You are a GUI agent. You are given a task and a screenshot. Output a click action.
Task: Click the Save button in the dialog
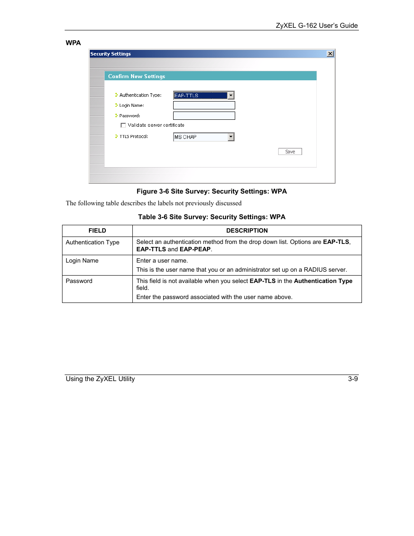(290, 151)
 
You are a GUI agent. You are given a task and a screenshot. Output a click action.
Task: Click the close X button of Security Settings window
(330, 54)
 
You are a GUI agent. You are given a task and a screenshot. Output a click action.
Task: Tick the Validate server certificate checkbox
(123, 125)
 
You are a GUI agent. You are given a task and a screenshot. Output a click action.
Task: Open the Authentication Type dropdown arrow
(231, 95)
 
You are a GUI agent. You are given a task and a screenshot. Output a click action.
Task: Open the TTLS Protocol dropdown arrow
(231, 137)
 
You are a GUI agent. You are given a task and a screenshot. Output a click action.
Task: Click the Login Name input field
(204, 105)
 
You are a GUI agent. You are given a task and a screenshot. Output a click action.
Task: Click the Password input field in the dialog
(204, 115)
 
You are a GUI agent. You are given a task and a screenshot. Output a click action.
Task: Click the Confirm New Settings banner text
(137, 76)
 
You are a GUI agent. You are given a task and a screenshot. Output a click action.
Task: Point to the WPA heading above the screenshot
(73, 43)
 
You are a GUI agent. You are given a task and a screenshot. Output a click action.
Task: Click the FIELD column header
(97, 230)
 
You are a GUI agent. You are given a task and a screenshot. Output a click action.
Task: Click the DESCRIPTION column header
(247, 230)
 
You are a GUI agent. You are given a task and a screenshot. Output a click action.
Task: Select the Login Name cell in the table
(82, 260)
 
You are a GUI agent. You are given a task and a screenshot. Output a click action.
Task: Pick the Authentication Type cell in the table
(92, 242)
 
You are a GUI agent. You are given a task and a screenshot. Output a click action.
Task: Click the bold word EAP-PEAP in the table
(195, 249)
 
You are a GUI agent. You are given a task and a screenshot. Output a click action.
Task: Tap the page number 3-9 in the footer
(353, 378)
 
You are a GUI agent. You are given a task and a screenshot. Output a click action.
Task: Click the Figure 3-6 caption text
(212, 191)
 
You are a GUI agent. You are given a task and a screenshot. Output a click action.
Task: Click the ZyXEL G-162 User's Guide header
(317, 25)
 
